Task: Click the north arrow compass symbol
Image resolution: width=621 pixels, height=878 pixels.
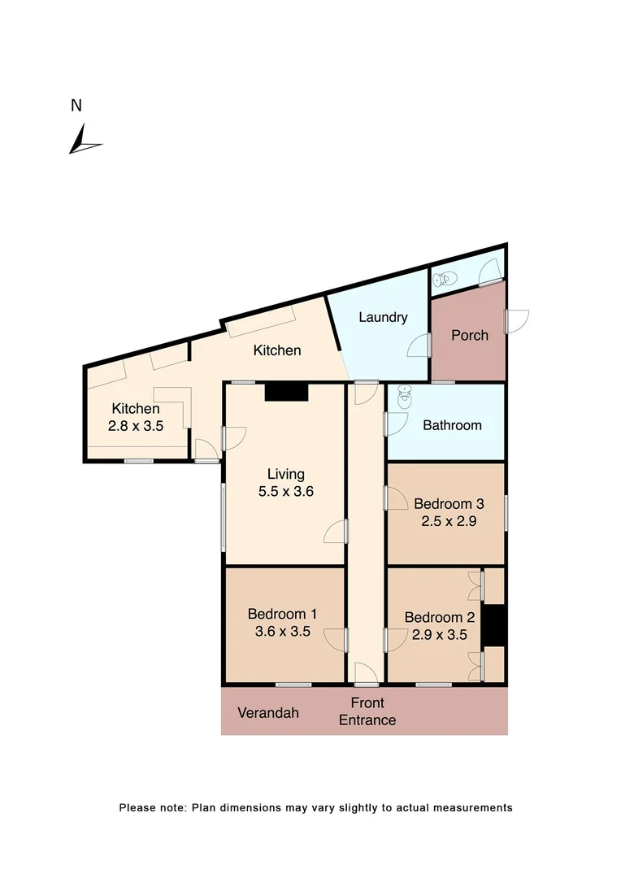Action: click(x=83, y=139)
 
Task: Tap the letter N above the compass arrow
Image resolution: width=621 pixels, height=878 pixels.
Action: click(x=76, y=105)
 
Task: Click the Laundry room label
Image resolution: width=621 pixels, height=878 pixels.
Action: click(x=382, y=317)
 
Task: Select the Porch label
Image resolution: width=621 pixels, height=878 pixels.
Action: click(x=470, y=335)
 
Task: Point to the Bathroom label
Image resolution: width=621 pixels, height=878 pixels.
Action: click(x=452, y=425)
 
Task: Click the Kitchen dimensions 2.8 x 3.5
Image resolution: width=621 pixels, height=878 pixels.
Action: click(x=137, y=424)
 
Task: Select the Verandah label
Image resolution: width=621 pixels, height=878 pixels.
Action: click(x=268, y=713)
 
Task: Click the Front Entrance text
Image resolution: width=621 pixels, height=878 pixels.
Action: click(x=367, y=711)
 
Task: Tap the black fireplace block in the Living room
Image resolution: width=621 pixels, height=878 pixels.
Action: click(x=286, y=392)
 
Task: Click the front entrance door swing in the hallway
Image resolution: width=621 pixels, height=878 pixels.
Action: click(x=365, y=672)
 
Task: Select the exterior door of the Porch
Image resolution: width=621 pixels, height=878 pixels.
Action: click(x=515, y=320)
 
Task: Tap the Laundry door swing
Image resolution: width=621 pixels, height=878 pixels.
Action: click(x=419, y=346)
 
